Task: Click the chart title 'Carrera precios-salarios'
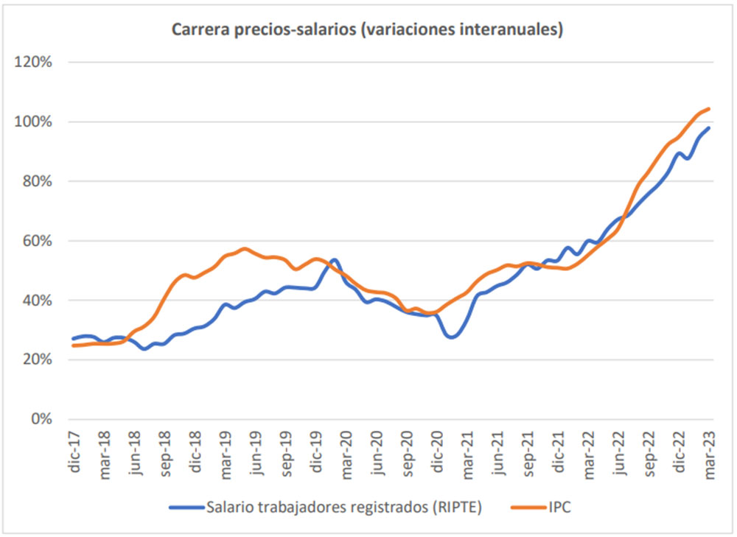368,29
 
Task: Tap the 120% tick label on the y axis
34,62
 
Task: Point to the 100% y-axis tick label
34,122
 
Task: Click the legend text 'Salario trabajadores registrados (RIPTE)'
344,507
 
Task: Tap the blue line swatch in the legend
184,508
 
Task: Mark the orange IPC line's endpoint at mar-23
709,109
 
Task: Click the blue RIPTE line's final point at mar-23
709,128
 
